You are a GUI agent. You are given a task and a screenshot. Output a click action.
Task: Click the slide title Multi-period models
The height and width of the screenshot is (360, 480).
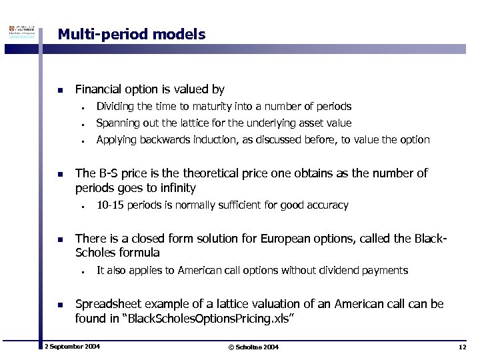(131, 33)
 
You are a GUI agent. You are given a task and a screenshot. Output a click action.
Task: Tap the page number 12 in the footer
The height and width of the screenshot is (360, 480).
(462, 347)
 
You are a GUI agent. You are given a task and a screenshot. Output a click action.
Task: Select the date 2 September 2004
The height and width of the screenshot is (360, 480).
(71, 347)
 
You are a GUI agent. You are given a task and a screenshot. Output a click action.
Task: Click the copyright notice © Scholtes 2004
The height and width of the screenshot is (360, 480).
(253, 347)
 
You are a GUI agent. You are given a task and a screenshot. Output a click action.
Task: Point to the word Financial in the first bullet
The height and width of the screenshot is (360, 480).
(99, 89)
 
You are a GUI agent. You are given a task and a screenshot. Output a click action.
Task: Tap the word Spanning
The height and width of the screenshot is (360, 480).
(117, 123)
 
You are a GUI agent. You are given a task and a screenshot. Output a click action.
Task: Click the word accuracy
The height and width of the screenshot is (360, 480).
(327, 205)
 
